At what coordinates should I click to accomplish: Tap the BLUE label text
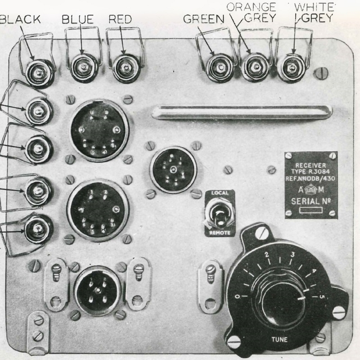coord(78,19)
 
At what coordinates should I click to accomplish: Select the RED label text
coord(120,19)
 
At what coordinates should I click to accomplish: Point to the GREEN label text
coord(205,19)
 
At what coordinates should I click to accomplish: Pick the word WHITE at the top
coord(315,7)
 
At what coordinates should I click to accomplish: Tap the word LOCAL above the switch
coord(219,193)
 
